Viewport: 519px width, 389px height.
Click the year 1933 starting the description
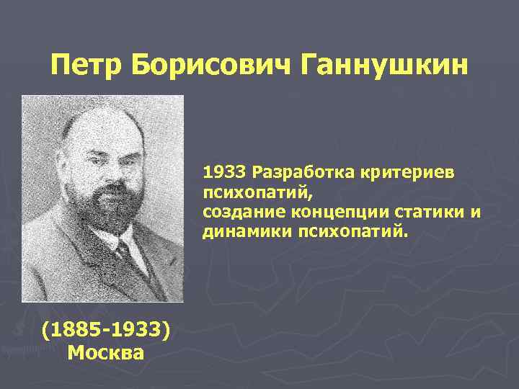pos(223,174)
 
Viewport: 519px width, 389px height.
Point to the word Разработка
pos(297,174)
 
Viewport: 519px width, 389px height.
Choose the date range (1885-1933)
pos(106,331)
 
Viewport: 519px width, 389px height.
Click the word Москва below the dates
pos(106,352)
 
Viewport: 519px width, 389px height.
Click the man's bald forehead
pos(97,130)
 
